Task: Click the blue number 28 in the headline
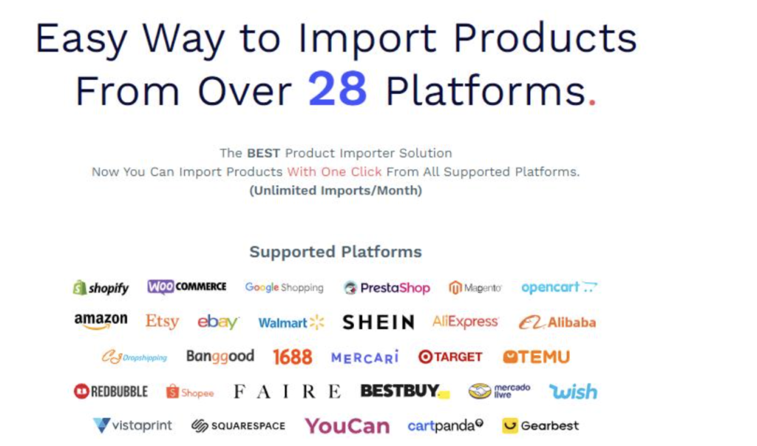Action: tap(337, 89)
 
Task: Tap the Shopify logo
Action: tap(101, 288)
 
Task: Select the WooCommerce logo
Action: tap(187, 286)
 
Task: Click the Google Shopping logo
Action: tap(284, 288)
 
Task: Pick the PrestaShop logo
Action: tap(387, 288)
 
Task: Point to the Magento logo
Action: tap(475, 288)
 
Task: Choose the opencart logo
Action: tap(559, 287)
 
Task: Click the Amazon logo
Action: tap(101, 321)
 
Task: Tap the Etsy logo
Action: tap(162, 321)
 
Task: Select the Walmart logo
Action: tap(291, 322)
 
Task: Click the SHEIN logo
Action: tap(378, 322)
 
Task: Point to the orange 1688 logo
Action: tap(293, 357)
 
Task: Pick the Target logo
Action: tap(450, 357)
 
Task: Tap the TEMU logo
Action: tap(537, 357)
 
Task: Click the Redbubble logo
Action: tap(111, 391)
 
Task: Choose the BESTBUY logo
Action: tap(405, 391)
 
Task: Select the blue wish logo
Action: tap(573, 391)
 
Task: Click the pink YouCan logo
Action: tap(347, 426)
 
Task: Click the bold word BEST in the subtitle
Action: tap(264, 153)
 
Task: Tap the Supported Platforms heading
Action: tap(336, 251)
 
